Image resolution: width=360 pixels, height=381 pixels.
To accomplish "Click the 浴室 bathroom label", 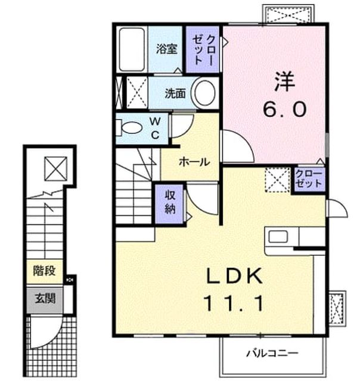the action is tap(167, 49).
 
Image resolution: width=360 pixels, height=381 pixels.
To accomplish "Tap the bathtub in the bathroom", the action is tap(132, 49).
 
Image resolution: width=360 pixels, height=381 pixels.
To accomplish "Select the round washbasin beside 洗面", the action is tap(204, 93).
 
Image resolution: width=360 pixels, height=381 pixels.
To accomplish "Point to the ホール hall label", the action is tap(194, 161).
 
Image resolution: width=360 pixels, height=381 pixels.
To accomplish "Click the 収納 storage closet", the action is tap(169, 204).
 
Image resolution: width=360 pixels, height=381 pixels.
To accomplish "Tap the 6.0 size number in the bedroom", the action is tap(284, 109).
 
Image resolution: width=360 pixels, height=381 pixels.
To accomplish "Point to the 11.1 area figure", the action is tap(234, 303).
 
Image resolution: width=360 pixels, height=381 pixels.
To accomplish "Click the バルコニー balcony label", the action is tap(272, 353).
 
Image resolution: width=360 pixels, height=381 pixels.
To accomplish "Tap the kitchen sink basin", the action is tap(278, 237).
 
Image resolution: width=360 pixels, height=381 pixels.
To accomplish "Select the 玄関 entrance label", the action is tap(45, 298).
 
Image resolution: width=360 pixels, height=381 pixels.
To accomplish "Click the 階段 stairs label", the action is tap(45, 271).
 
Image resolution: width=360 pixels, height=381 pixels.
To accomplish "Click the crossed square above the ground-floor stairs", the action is tap(55, 168).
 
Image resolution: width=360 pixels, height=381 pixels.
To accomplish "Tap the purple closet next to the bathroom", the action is tap(203, 49).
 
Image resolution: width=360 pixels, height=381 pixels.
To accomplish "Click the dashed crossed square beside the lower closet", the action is tap(278, 180).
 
